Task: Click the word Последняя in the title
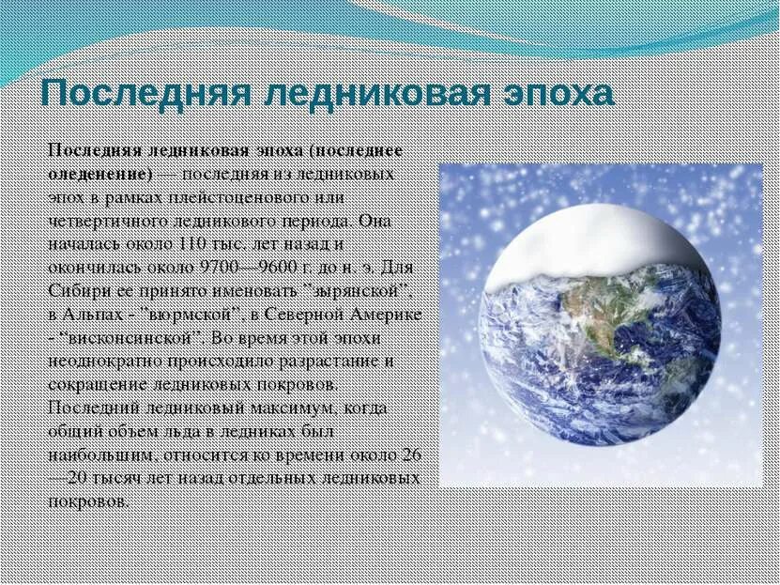coord(143,95)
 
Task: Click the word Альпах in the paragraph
coord(93,314)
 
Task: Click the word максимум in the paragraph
coord(279,408)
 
